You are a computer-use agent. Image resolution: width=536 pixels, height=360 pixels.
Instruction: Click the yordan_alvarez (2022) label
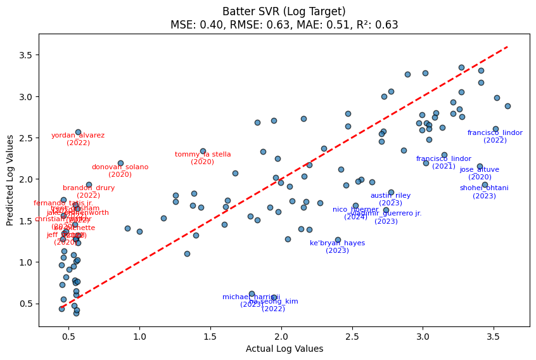pos(78,139)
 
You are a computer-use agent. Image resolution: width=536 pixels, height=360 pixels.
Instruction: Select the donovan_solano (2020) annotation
pos(120,170)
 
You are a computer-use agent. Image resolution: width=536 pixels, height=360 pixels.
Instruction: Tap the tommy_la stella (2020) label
pos(203,158)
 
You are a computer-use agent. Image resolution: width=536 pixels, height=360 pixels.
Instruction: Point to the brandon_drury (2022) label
pos(89,191)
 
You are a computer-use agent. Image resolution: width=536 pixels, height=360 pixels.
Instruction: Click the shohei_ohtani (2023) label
pos(484,192)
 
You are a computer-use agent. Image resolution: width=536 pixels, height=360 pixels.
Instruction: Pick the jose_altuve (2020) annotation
pos(480,173)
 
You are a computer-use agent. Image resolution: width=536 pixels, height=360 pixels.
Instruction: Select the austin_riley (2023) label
pos(390,199)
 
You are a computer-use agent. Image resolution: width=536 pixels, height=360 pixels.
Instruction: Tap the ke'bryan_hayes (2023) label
pos(337,247)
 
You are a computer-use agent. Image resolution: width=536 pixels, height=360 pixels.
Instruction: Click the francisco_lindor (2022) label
pos(495,136)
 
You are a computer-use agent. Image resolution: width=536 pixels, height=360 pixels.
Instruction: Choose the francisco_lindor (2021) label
pos(443,162)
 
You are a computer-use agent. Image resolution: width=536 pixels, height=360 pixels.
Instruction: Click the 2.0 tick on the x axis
pos(281,336)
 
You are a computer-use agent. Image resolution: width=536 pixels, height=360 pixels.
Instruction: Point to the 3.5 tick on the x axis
pos(494,336)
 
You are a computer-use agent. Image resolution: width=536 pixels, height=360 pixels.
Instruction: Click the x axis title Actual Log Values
pos(284,349)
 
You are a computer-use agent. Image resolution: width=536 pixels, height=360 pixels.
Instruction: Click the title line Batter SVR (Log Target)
pos(284,11)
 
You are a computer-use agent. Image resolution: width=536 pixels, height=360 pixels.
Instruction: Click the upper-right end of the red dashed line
pos(507,46)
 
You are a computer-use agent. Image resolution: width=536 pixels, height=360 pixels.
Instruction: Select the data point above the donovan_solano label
pos(120,163)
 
